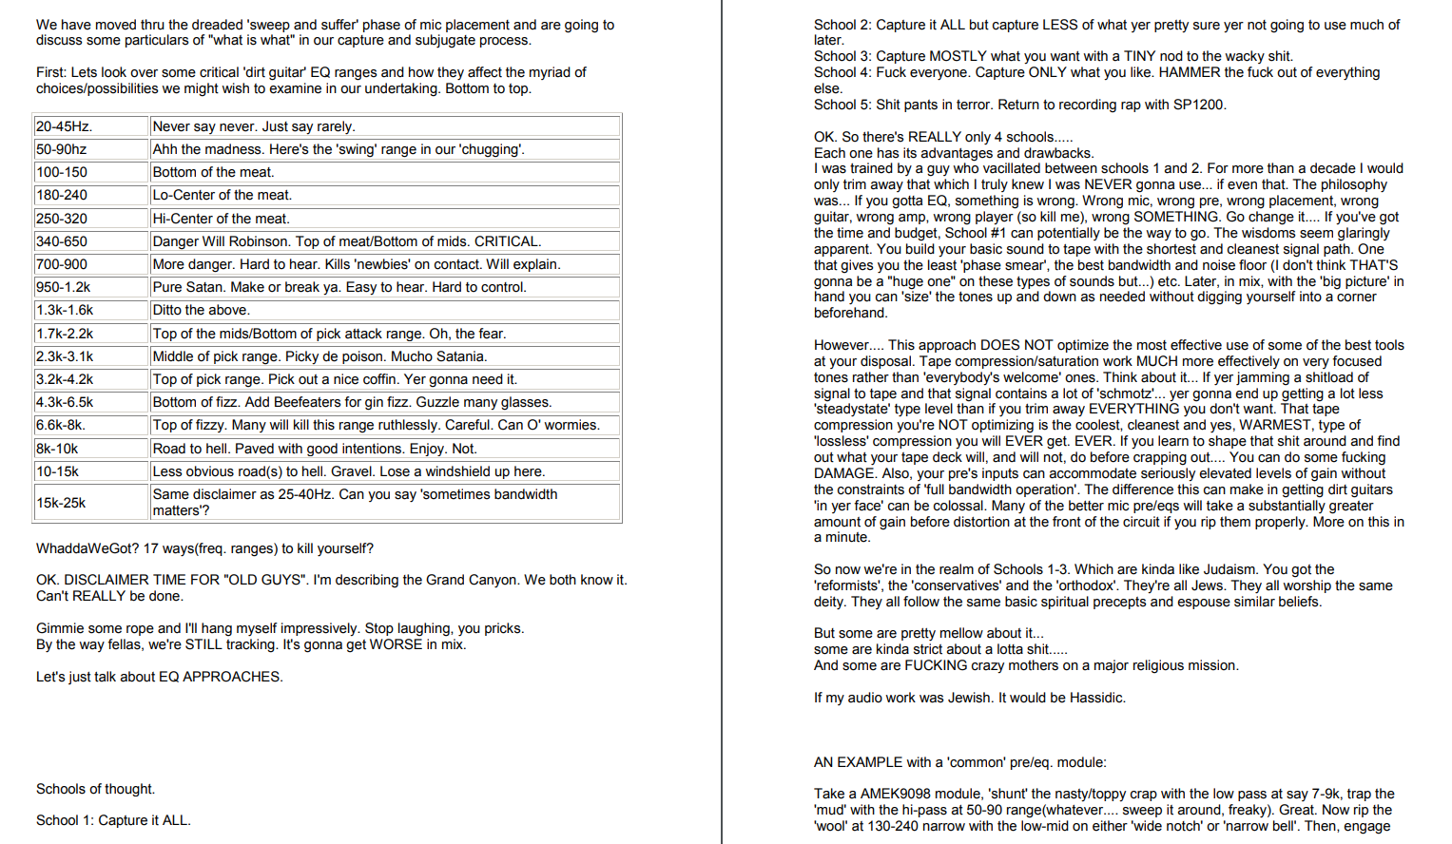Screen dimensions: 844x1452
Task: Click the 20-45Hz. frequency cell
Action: pos(90,126)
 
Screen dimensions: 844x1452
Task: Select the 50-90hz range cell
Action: pos(90,149)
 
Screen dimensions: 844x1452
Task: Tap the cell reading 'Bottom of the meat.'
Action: pos(213,172)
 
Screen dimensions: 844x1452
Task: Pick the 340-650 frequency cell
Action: pos(90,241)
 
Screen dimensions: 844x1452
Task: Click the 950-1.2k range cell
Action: pos(90,287)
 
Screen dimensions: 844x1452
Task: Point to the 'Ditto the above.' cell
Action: pos(201,310)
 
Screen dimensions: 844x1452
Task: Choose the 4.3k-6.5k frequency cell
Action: pos(90,402)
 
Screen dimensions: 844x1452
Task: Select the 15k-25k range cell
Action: pos(90,502)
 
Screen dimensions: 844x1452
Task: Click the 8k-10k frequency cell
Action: pos(90,449)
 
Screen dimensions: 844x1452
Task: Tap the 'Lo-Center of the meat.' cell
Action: pos(222,195)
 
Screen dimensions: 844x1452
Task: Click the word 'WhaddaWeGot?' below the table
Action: pos(87,548)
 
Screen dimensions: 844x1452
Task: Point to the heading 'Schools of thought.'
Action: pos(95,789)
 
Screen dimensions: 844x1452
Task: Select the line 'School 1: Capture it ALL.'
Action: pos(113,820)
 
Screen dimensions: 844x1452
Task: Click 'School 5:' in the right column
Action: pos(842,105)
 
